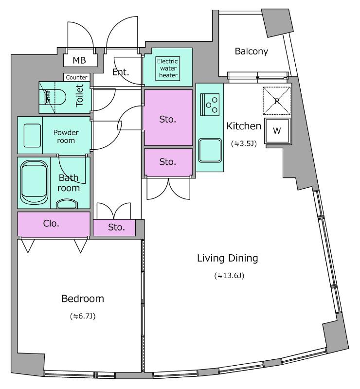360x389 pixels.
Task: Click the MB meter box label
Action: tap(79, 60)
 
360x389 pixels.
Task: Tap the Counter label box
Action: tap(76, 77)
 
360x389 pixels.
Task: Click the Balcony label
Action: tap(251, 52)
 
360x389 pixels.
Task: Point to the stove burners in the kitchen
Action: tap(210, 105)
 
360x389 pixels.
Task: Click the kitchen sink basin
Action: tap(210, 150)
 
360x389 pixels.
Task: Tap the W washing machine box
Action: tap(277, 131)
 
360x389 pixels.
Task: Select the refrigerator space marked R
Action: tap(277, 101)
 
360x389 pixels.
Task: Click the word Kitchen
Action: tap(244, 126)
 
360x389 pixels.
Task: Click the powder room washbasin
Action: tap(32, 136)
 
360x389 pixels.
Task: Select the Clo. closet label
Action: tap(51, 224)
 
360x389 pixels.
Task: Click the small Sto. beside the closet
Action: tap(116, 227)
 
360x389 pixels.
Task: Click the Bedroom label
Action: tap(83, 299)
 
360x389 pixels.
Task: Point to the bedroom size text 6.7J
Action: tap(83, 316)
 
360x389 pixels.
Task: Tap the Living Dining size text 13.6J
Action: tap(229, 275)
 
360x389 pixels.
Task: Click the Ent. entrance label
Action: tap(121, 72)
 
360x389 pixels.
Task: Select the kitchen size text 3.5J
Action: tap(244, 143)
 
